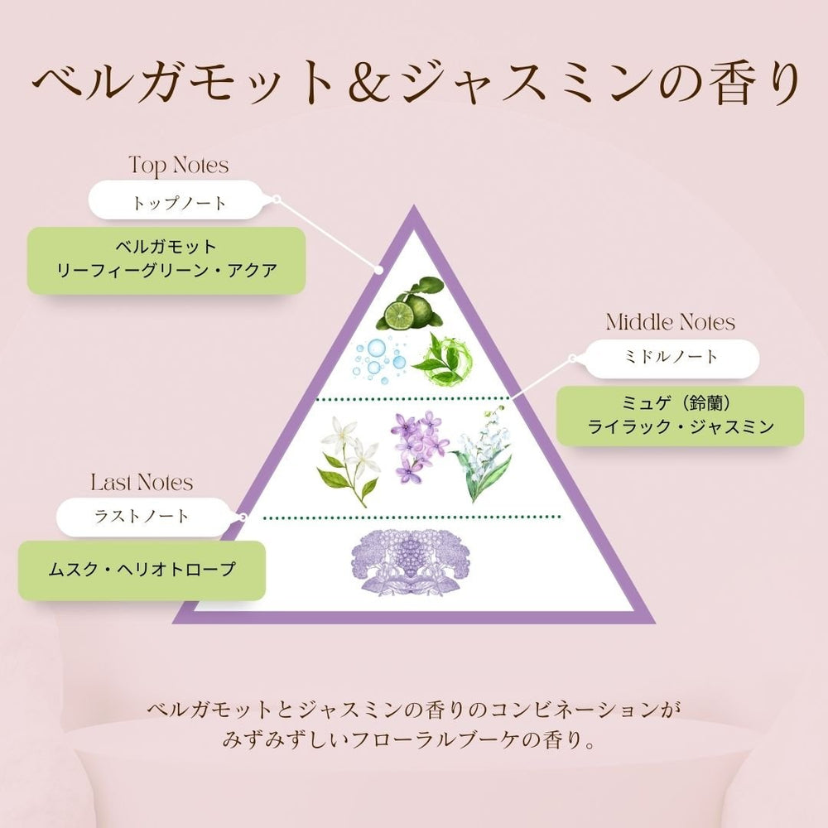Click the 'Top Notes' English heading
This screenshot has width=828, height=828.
[179, 166]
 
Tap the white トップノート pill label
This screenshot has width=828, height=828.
[176, 200]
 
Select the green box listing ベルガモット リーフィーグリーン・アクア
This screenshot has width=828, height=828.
[166, 260]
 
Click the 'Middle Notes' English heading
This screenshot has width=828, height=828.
[670, 322]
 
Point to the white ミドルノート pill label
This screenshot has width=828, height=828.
[672, 359]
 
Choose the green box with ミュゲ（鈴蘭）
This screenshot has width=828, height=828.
[680, 416]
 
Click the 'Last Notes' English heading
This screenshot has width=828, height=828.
[142, 482]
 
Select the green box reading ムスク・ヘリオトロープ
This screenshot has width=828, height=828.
[142, 570]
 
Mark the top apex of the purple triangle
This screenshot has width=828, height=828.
[414, 206]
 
